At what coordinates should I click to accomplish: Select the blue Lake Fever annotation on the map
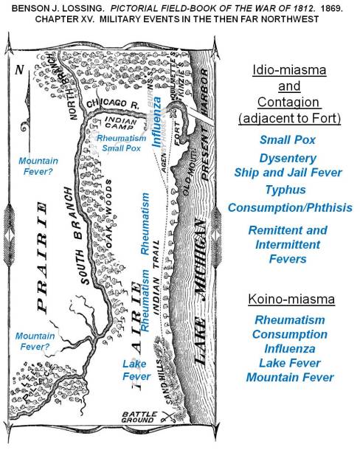[136, 370]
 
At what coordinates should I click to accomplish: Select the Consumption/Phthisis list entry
[288, 208]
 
